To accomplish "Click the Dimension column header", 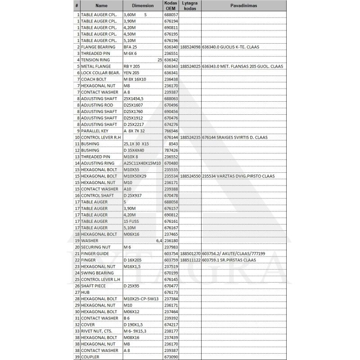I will click(143, 5).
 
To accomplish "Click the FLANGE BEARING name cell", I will click(98, 47).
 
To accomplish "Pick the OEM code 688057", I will click(171, 14).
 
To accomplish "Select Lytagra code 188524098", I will click(190, 47).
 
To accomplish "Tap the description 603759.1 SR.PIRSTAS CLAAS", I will click(235, 260).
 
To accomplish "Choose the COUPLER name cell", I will click(90, 357).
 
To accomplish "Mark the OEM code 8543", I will click(173, 144).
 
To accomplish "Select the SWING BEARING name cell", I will click(97, 273).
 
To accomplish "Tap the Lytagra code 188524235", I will click(190, 137).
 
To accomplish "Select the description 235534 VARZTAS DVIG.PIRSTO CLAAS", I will click(242, 176).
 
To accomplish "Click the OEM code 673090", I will click(171, 357).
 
